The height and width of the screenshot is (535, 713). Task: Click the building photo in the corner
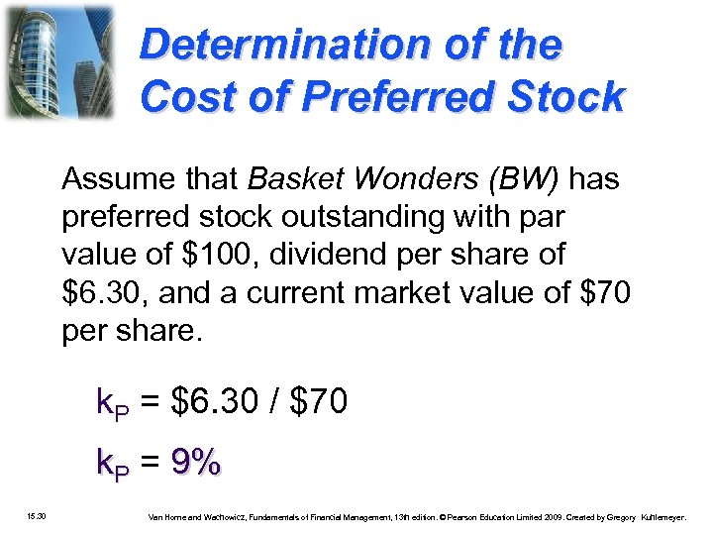point(58,61)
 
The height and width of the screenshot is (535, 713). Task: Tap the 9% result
point(196,462)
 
